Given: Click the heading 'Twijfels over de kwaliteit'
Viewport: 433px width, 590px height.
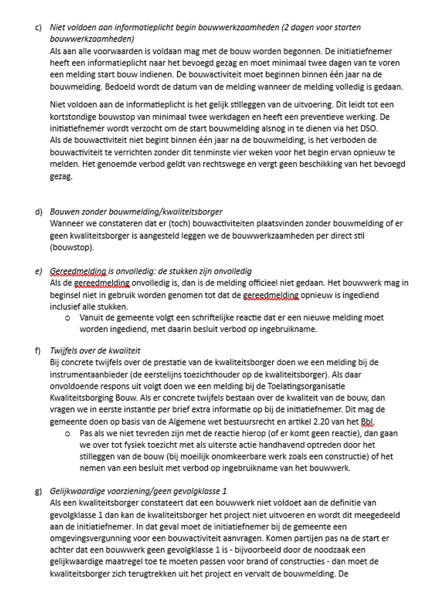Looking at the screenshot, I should [95, 351].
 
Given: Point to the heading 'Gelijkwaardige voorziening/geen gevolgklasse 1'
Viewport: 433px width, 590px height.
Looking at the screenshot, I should [138, 491].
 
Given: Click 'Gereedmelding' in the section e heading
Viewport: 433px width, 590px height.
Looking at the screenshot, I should [75, 271].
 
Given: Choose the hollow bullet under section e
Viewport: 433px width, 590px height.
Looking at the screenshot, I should [68, 317].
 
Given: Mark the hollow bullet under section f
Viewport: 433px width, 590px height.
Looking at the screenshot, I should [68, 434].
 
